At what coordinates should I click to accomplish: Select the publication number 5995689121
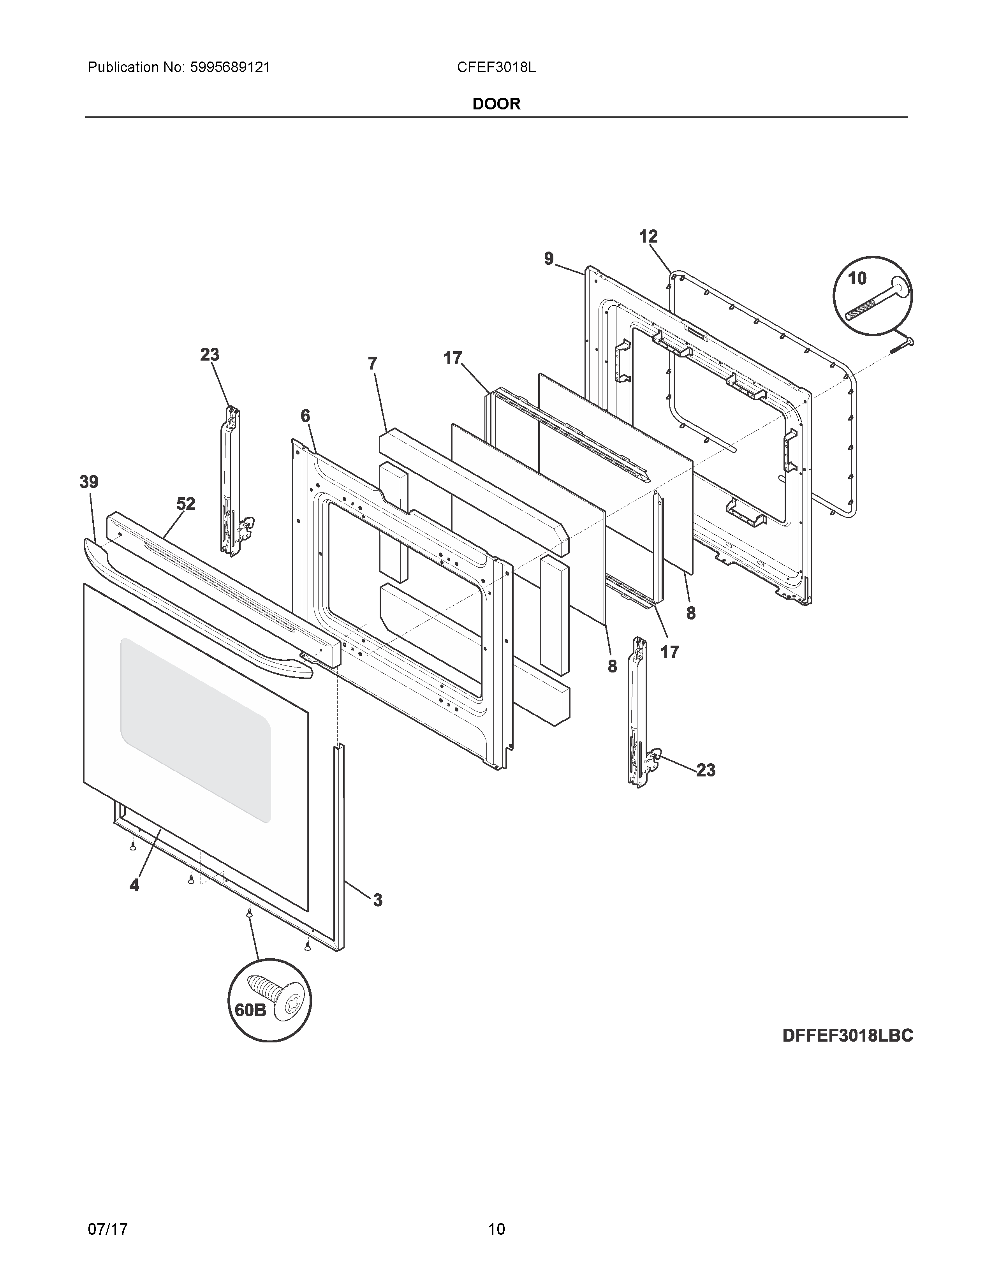click(230, 68)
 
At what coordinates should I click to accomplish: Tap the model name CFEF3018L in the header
click(496, 68)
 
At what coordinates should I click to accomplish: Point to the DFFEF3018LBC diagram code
click(847, 1035)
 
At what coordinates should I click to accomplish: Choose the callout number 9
click(549, 258)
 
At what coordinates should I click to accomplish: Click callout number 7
click(372, 364)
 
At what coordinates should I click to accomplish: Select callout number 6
click(305, 416)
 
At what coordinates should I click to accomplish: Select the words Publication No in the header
click(135, 68)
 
